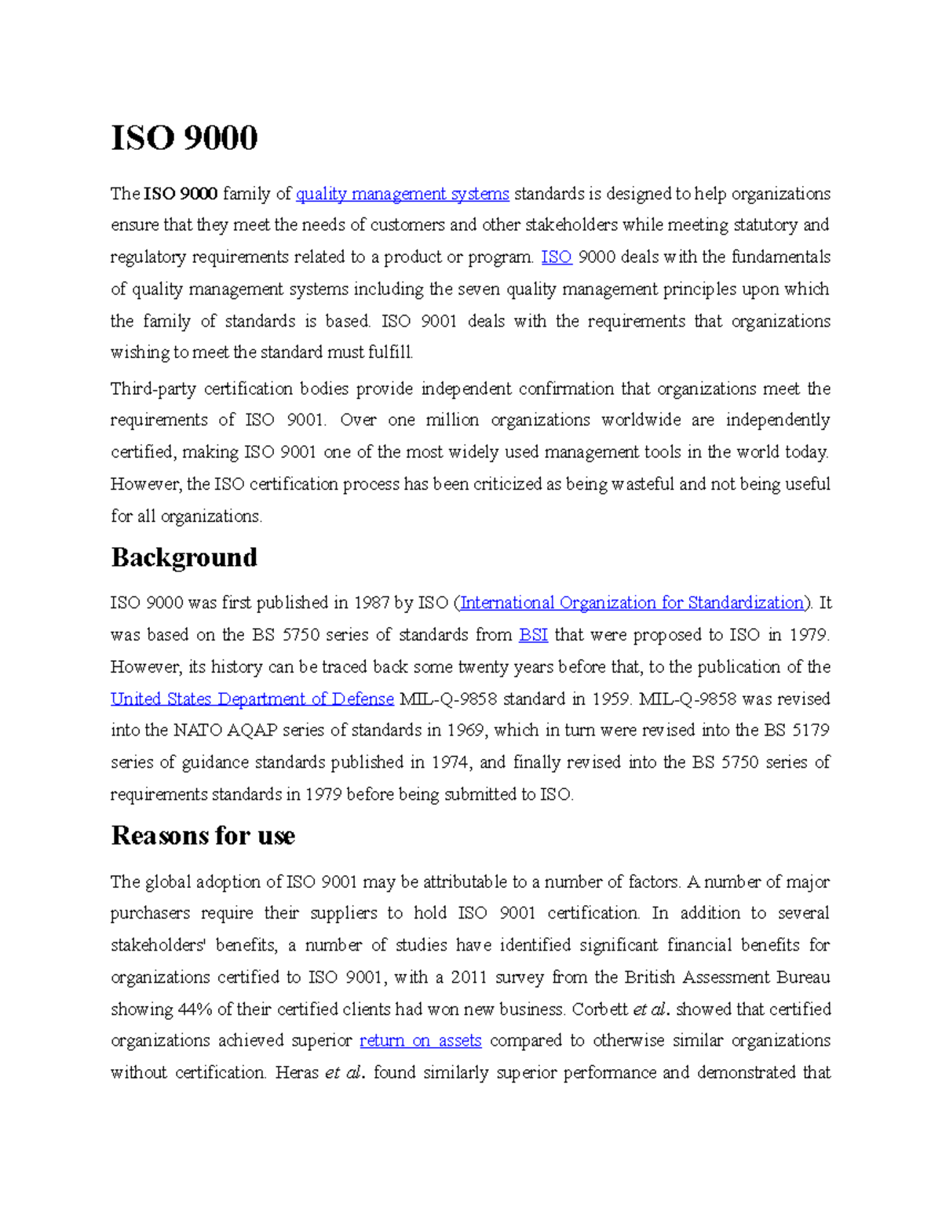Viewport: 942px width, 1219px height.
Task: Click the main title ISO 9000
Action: [x=184, y=138]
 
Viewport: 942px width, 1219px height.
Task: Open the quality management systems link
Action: [x=402, y=194]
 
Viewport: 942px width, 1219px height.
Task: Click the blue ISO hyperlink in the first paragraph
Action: [x=557, y=257]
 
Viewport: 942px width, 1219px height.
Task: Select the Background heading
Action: [x=184, y=557]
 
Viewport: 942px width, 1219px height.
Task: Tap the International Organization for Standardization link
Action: [x=633, y=603]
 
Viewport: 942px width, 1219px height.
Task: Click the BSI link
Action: [x=534, y=635]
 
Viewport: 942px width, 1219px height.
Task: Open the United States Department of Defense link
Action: [x=252, y=699]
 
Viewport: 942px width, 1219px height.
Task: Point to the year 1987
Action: [x=371, y=603]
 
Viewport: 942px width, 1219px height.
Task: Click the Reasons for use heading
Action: [x=203, y=836]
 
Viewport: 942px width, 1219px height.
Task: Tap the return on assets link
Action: [x=420, y=1041]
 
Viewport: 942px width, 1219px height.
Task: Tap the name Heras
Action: [x=297, y=1073]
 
